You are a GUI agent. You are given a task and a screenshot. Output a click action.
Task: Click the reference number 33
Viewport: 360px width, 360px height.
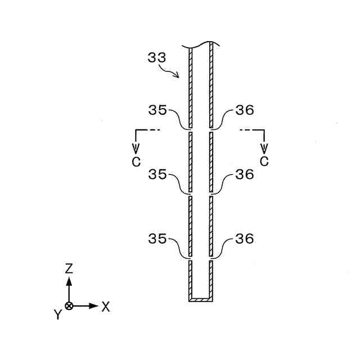[157, 57]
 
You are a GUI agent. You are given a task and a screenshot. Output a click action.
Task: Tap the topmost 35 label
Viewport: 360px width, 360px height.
[157, 110]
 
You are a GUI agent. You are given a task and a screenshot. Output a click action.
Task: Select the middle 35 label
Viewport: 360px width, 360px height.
[157, 175]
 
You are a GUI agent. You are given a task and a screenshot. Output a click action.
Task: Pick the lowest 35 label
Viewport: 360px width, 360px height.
[157, 239]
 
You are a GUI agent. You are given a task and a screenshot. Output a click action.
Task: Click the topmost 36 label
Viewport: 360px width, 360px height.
[245, 110]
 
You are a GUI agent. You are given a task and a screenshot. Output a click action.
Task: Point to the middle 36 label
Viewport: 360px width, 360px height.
[245, 175]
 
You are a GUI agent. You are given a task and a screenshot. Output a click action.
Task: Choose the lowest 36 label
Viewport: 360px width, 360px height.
[245, 239]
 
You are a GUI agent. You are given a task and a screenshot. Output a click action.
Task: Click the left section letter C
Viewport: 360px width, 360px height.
[136, 161]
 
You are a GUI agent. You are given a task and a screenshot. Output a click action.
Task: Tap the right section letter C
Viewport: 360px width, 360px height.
[264, 161]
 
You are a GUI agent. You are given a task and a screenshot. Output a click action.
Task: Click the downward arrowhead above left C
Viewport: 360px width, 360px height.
[136, 149]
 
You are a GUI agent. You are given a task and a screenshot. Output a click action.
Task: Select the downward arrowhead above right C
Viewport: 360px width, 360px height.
[264, 149]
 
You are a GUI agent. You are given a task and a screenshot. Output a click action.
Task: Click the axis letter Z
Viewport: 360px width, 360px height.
[69, 268]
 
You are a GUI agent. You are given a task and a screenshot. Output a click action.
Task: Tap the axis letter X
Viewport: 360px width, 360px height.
[105, 307]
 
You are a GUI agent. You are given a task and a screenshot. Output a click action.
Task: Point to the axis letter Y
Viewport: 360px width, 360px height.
[57, 315]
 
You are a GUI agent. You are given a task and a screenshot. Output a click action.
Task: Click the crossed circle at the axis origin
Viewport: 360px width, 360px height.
[69, 307]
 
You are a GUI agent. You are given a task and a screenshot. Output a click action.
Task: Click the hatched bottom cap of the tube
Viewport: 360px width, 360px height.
[201, 300]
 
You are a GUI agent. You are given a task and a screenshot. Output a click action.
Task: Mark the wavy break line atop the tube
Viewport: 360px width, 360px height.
[201, 43]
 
